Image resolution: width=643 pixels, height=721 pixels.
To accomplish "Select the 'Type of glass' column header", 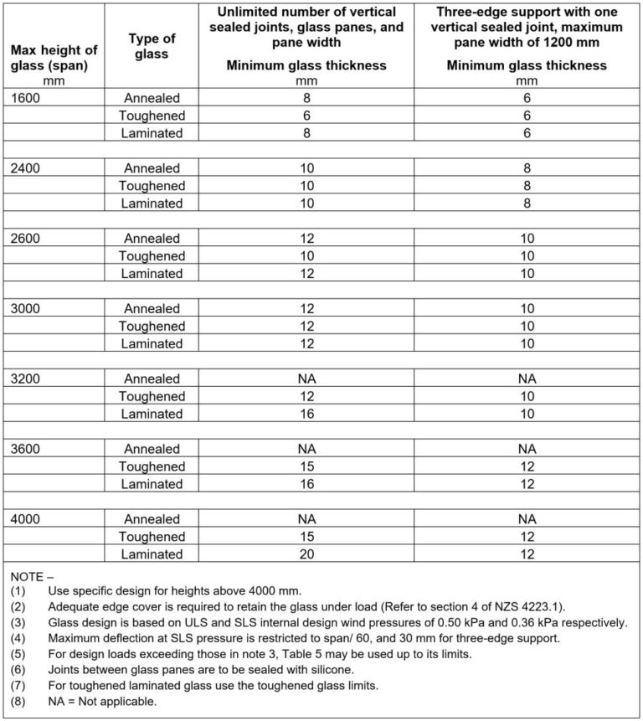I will coord(150,46).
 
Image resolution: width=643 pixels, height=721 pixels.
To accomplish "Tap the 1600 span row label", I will coord(25,98).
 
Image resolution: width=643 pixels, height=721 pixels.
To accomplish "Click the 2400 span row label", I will coord(25,168).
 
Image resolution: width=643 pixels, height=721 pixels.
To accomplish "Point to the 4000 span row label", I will coord(25,519).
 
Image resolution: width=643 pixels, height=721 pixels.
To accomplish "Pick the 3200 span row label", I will coord(25,379).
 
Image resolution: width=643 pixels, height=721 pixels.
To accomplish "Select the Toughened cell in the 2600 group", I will coord(151,256).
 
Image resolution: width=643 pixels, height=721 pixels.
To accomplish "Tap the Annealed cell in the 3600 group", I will coord(151,449).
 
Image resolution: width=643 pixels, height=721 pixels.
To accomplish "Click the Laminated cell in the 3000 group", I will coord(151,344).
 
